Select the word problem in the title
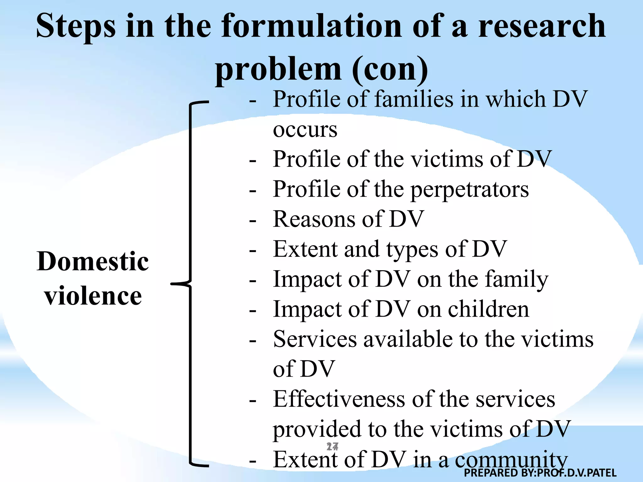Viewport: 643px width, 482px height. click(x=278, y=69)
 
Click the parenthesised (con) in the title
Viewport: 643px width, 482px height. click(x=390, y=69)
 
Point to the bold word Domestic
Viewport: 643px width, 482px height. click(x=93, y=261)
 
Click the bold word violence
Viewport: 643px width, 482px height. click(x=93, y=296)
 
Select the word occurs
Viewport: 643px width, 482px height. click(x=305, y=129)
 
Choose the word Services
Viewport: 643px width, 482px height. click(x=315, y=339)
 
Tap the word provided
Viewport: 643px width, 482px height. click(x=317, y=429)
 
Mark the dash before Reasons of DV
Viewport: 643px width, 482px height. click(x=253, y=221)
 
